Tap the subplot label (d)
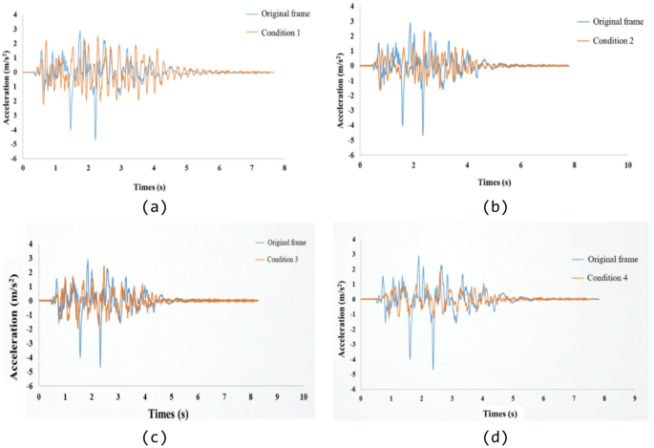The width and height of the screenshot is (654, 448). pos(493,437)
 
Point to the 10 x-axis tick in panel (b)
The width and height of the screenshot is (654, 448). pos(627,164)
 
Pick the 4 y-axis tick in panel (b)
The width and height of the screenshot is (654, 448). pos(351,7)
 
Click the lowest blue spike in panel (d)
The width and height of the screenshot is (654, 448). pos(432,369)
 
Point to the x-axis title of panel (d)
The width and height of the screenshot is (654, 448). pos(503,415)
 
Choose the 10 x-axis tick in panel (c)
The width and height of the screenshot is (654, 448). pos(304,396)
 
